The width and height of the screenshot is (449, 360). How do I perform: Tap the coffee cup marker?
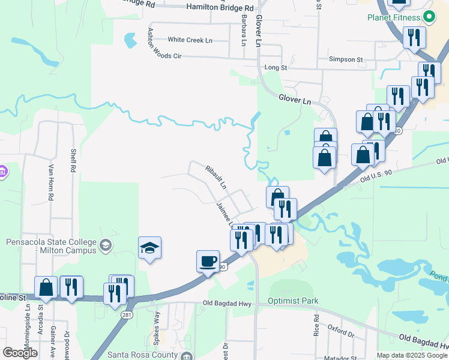pyautogui.click(x=208, y=262)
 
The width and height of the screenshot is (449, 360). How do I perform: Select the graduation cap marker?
pyautogui.click(x=149, y=248)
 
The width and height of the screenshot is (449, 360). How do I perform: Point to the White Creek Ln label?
pyautogui.click(x=190, y=40)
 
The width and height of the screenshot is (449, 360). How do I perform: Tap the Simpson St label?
pyautogui.click(x=346, y=59)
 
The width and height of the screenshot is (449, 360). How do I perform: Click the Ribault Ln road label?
pyautogui.click(x=215, y=177)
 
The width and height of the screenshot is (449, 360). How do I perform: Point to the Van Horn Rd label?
pyautogui.click(x=51, y=182)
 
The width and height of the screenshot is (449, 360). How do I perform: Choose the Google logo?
pyautogui.click(x=20, y=353)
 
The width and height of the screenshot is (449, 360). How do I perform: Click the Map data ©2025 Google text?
pyautogui.click(x=412, y=355)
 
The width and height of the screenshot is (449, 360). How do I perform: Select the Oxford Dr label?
pyautogui.click(x=340, y=329)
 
